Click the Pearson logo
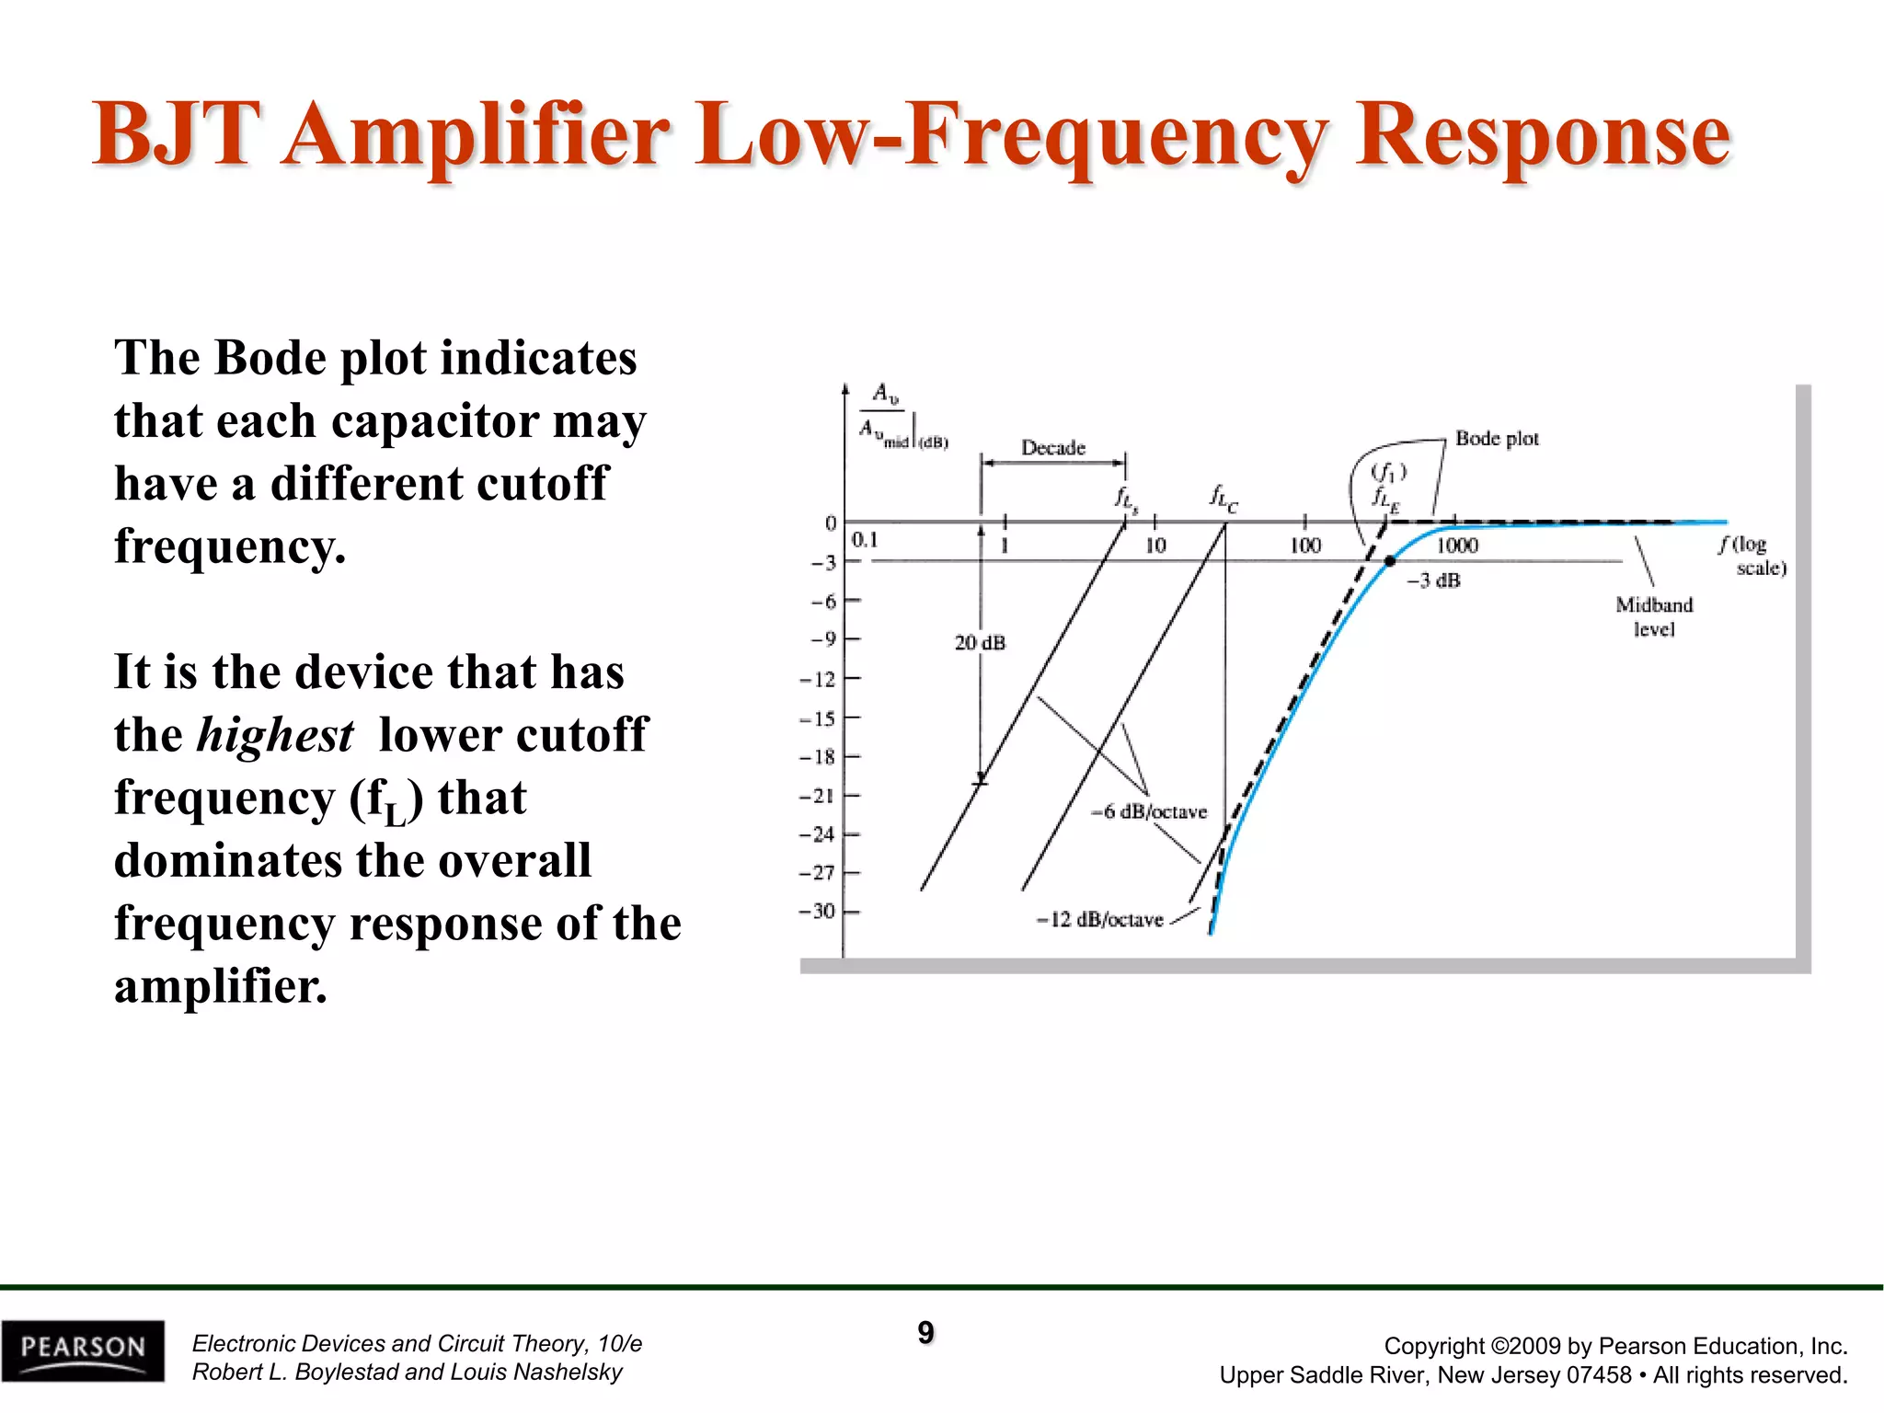pyautogui.click(x=83, y=1350)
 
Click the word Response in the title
pyautogui.click(x=1543, y=135)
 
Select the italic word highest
pyautogui.click(x=275, y=735)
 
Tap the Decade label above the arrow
pyautogui.click(x=1053, y=448)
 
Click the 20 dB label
pyautogui.click(x=980, y=643)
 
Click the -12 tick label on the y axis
pyautogui.click(x=818, y=680)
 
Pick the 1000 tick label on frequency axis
pyautogui.click(x=1457, y=546)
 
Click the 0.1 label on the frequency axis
pyautogui.click(x=865, y=540)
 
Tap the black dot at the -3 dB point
pyautogui.click(x=1390, y=561)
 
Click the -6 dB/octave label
pyautogui.click(x=1149, y=812)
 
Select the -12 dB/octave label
pyautogui.click(x=1100, y=920)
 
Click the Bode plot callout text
pyautogui.click(x=1497, y=439)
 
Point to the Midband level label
pyautogui.click(x=1654, y=617)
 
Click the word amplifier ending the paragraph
pyautogui.click(x=220, y=987)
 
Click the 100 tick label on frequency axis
pyautogui.click(x=1304, y=546)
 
